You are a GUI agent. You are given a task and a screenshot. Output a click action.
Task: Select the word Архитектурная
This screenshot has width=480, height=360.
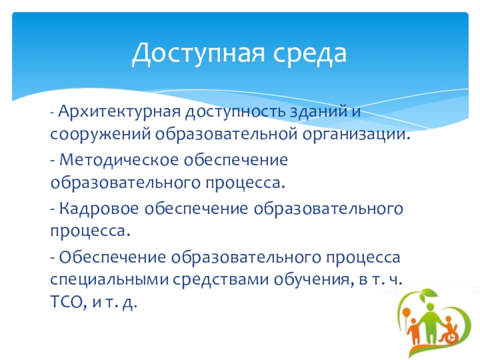pos(119,112)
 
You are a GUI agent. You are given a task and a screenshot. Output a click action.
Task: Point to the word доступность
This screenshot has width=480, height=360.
pos(236,112)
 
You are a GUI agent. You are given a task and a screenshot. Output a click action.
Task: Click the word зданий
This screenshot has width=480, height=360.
pos(319,111)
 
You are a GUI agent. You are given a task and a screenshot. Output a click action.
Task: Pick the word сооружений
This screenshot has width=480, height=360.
pos(100,134)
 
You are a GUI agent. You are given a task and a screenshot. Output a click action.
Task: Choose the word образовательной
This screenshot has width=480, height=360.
pos(226,134)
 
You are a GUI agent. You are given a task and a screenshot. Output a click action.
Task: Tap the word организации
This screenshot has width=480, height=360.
pos(356,134)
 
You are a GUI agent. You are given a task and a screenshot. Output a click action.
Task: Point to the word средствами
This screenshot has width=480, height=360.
pos(221,280)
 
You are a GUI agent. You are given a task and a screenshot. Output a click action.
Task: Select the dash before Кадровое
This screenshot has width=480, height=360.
pos(53,209)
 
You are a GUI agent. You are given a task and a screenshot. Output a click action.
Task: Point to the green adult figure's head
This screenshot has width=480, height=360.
pos(430,307)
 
